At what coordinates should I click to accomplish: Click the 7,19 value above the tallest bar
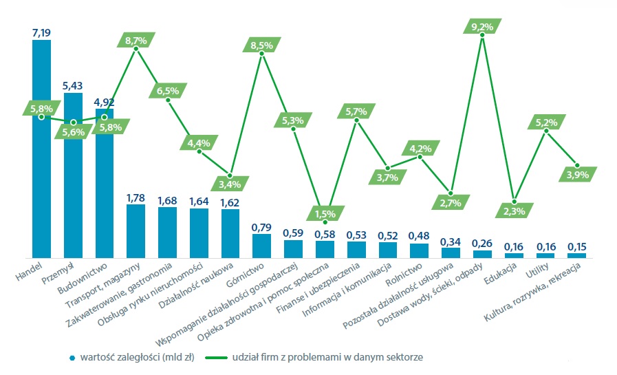[41, 32]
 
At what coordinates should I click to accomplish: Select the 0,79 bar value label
[261, 226]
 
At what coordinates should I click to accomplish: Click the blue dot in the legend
[72, 357]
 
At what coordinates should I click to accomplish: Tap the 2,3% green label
[514, 211]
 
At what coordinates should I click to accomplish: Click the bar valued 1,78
[136, 231]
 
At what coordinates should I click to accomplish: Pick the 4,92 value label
[105, 100]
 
